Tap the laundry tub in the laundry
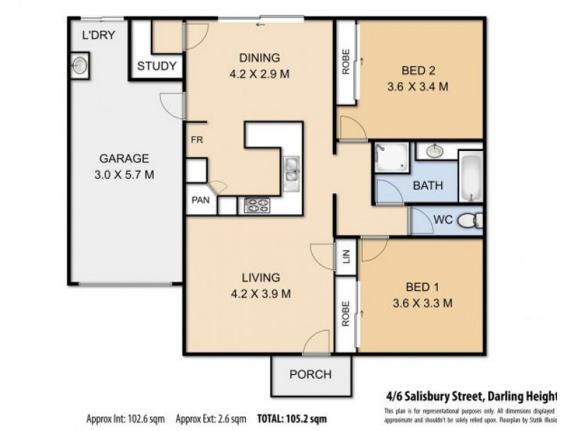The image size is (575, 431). (80, 65)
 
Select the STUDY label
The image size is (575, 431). (157, 66)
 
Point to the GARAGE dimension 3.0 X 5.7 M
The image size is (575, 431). (124, 175)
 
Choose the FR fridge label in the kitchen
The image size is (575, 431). (195, 141)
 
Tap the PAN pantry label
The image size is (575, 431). (199, 201)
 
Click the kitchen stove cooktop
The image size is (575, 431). (257, 205)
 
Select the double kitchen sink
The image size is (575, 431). (291, 171)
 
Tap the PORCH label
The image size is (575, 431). (310, 374)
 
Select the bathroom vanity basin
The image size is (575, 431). (434, 151)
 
